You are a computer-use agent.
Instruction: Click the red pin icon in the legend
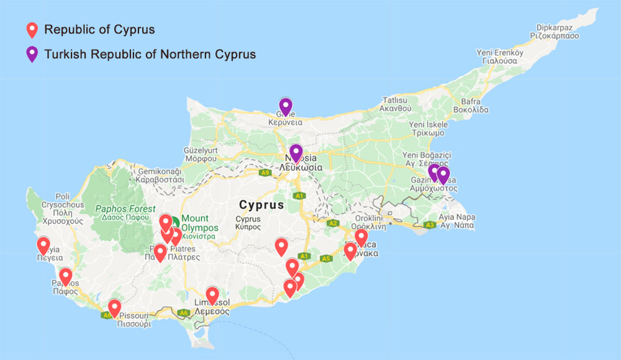[x=32, y=29]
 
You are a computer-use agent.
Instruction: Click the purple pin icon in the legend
[x=32, y=53]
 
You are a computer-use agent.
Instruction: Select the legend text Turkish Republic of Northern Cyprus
[x=150, y=54]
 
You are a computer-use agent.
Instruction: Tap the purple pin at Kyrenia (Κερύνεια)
[x=285, y=106]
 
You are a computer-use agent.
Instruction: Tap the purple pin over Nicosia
[x=296, y=152]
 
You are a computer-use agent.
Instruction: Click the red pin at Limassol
[x=212, y=295]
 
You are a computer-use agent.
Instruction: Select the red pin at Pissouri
[x=114, y=307]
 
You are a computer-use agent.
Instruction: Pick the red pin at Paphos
[x=65, y=276]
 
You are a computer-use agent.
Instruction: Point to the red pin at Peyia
[x=43, y=245]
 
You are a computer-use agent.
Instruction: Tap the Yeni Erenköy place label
[x=500, y=53]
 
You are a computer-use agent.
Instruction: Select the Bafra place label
[x=471, y=101]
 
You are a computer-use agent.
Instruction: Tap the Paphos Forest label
[x=125, y=209]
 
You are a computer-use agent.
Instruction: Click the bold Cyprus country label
[x=261, y=205]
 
